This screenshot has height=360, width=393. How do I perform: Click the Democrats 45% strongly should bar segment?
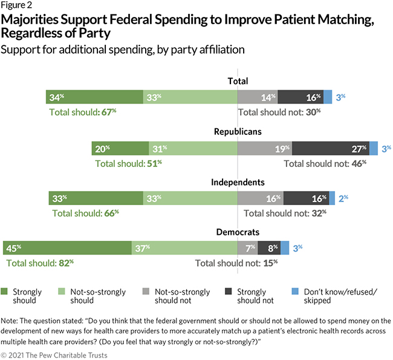[67, 247]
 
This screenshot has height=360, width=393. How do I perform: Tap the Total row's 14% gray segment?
[258, 97]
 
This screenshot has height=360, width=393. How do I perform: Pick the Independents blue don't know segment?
[332, 198]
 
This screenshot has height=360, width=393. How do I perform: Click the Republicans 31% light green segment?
[193, 148]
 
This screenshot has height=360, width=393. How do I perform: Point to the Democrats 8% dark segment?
[268, 247]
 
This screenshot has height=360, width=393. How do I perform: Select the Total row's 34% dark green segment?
[94, 97]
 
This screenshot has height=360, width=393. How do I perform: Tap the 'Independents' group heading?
[238, 182]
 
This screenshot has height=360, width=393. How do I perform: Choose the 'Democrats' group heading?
[238, 232]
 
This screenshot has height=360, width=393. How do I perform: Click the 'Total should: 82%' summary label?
[40, 263]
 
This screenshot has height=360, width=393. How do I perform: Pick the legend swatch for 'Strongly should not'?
[230, 291]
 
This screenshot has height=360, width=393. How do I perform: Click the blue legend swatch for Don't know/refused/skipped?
[305, 291]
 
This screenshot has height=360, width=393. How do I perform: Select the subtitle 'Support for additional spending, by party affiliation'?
[123, 49]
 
